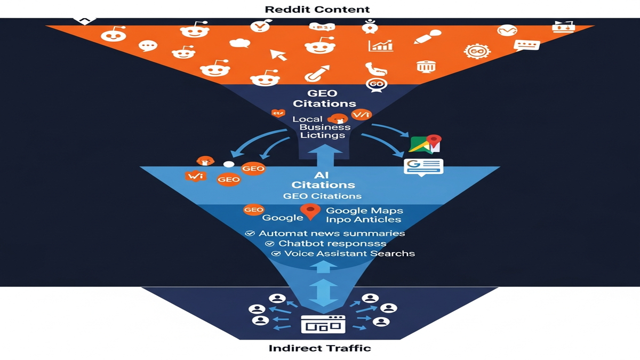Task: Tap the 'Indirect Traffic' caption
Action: tap(319, 349)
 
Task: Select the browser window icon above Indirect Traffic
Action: tap(323, 324)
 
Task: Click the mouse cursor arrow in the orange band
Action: tap(278, 54)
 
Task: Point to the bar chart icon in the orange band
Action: tap(380, 46)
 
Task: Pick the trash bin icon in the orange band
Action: tap(426, 67)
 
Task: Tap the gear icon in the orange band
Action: tap(476, 51)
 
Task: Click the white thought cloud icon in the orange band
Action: tap(240, 43)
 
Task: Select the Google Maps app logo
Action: tap(426, 143)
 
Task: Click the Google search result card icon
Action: tap(423, 167)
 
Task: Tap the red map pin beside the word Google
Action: tap(310, 212)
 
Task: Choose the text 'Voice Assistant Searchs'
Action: tap(349, 254)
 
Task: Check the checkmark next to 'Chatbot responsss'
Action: tap(268, 244)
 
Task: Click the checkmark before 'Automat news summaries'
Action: tap(249, 234)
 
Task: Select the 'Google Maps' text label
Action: tap(364, 211)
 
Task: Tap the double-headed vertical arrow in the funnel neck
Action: tap(320, 292)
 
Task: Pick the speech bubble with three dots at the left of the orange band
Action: tap(148, 45)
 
